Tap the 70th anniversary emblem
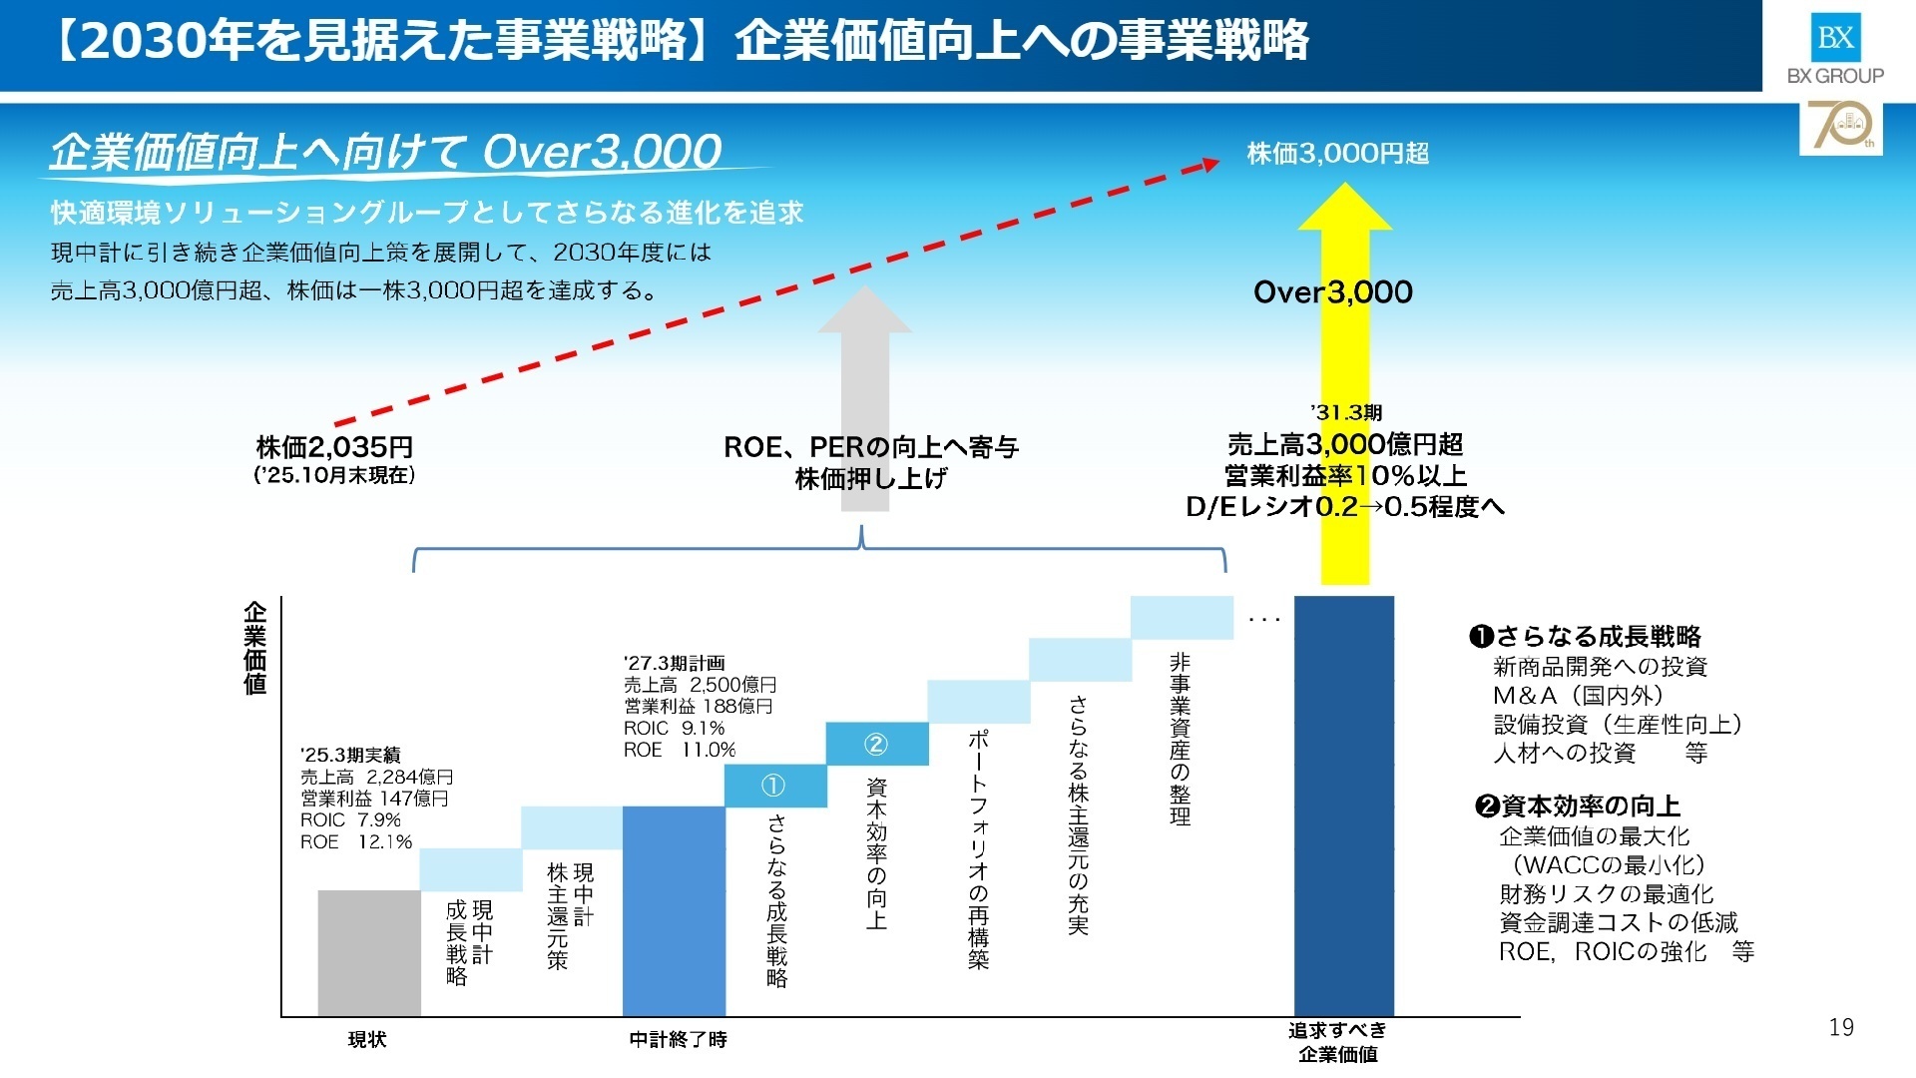coord(1840,128)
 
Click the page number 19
coord(1841,1027)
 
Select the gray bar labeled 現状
coord(369,952)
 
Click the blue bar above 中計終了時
coord(674,910)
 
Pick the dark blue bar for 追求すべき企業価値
coord(1343,805)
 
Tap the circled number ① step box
coord(775,786)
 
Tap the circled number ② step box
coord(876,744)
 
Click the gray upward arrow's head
coord(865,310)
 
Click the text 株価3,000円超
coord(1337,154)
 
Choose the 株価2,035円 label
coord(334,447)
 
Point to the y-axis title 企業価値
coord(255,647)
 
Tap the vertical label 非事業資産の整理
coord(1181,740)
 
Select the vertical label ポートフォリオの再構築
coord(978,849)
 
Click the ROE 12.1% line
coord(356,841)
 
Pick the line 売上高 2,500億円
coord(700,685)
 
